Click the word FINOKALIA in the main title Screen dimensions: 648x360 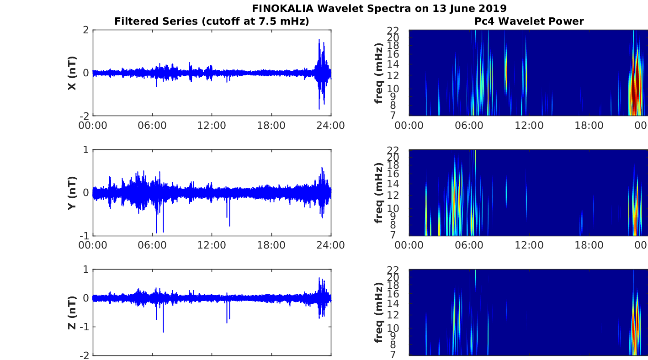tap(282, 8)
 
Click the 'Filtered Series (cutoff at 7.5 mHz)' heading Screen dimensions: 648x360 tap(212, 21)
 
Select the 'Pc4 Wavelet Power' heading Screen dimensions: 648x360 tap(529, 21)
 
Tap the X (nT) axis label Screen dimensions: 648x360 tap(72, 73)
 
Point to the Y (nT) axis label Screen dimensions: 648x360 tap(72, 193)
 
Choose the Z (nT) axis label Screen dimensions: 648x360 tap(72, 312)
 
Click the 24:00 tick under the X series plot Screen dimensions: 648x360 tap(331, 126)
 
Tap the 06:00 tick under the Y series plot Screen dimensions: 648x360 tap(152, 245)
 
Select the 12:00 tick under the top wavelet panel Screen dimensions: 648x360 tap(529, 126)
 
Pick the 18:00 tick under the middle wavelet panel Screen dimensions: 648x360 tap(589, 245)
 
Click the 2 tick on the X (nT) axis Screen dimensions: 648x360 tap(86, 30)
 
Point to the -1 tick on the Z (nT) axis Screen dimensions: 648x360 tap(84, 327)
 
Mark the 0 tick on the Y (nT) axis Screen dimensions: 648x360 tap(86, 193)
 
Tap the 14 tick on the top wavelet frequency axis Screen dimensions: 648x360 tap(393, 64)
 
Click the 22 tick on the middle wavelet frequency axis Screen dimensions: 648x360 tap(393, 150)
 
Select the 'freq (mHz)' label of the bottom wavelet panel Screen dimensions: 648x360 tap(379, 312)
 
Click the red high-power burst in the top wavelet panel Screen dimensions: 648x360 tap(637, 84)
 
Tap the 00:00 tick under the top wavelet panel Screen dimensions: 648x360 tap(409, 126)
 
